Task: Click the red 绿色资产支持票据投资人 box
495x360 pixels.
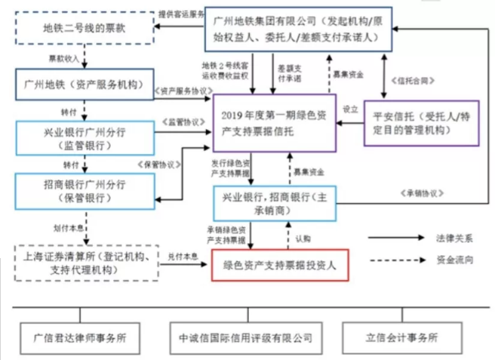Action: click(x=284, y=265)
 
